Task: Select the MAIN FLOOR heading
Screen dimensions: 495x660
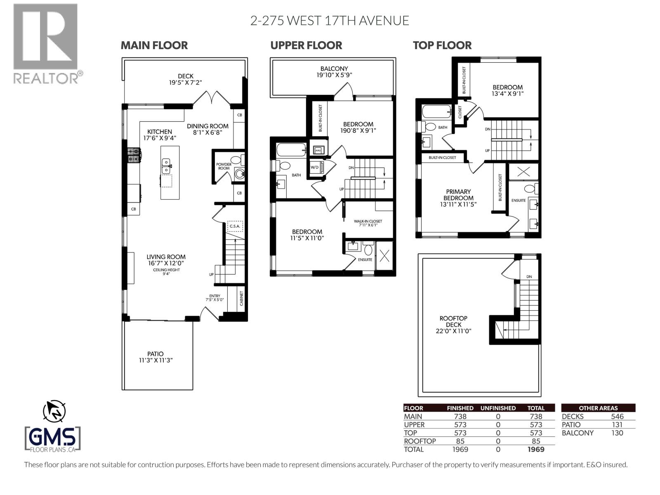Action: click(154, 45)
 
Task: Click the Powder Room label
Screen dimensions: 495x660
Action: click(224, 166)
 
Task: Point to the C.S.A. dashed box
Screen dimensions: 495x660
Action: click(235, 226)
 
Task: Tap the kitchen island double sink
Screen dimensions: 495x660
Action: click(166, 166)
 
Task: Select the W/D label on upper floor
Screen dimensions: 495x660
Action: click(314, 167)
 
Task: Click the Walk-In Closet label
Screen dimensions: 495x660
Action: click(368, 222)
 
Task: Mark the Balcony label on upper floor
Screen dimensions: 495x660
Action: click(334, 69)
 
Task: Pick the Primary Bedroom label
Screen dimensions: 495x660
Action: click(458, 195)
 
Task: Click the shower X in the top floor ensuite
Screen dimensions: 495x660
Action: click(523, 172)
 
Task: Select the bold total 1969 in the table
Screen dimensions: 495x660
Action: click(536, 450)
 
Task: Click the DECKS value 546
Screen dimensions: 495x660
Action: click(617, 417)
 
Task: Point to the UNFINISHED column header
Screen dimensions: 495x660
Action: click(498, 408)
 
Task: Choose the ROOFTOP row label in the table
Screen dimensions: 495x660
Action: click(420, 441)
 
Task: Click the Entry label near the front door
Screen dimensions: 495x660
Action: click(214, 296)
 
